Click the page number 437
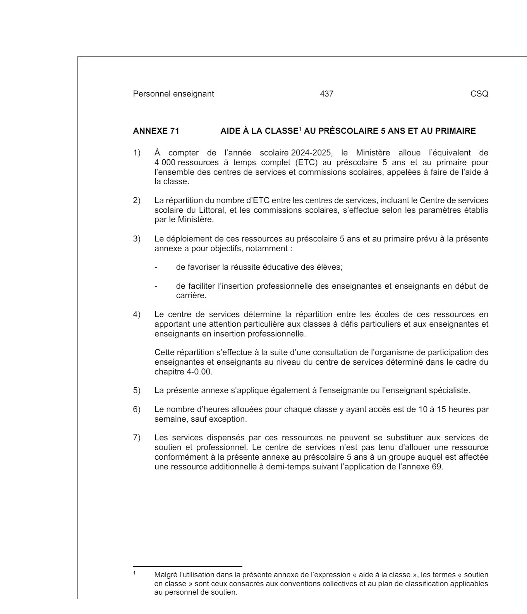coord(327,94)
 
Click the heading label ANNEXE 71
coord(156,131)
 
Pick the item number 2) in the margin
coord(136,200)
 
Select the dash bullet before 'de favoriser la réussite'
coord(156,267)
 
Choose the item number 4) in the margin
coord(136,314)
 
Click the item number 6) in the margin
coord(136,409)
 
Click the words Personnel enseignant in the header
coord(173,94)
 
